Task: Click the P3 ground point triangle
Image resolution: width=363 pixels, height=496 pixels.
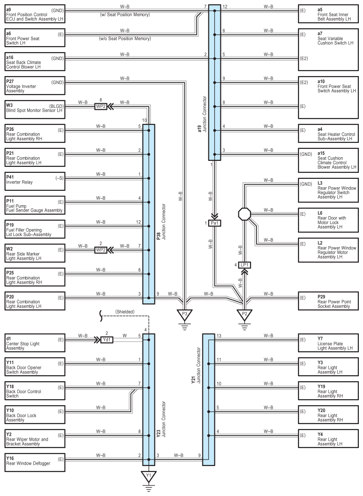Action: coord(184,314)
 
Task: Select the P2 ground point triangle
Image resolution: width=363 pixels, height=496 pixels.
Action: coord(244,314)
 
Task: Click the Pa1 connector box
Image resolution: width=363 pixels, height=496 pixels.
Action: coord(214,223)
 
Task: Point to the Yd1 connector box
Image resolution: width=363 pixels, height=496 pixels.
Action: coord(107,340)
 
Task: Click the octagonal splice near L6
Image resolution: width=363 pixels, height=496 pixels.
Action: coord(244,214)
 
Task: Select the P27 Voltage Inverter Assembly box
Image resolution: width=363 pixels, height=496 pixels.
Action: coord(35,85)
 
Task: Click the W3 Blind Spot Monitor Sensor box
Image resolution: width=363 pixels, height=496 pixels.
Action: coord(35,109)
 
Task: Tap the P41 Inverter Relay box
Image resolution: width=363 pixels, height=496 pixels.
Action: coord(35,181)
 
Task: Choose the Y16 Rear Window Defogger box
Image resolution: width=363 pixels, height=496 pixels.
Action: coord(35,462)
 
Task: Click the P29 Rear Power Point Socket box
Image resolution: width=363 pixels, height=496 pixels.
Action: coord(328,301)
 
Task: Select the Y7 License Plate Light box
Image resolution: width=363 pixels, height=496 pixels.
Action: coord(328,343)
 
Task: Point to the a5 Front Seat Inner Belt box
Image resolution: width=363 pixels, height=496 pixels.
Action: coord(328,14)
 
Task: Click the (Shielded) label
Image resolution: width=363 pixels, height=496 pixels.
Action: coord(125,312)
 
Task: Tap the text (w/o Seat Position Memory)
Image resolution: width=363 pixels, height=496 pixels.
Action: coord(125,39)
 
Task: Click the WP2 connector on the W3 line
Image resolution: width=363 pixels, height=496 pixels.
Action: coord(101,106)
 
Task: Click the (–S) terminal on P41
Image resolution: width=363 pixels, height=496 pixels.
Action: coord(59,178)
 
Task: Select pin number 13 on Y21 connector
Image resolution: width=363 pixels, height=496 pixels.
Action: coord(219,336)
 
